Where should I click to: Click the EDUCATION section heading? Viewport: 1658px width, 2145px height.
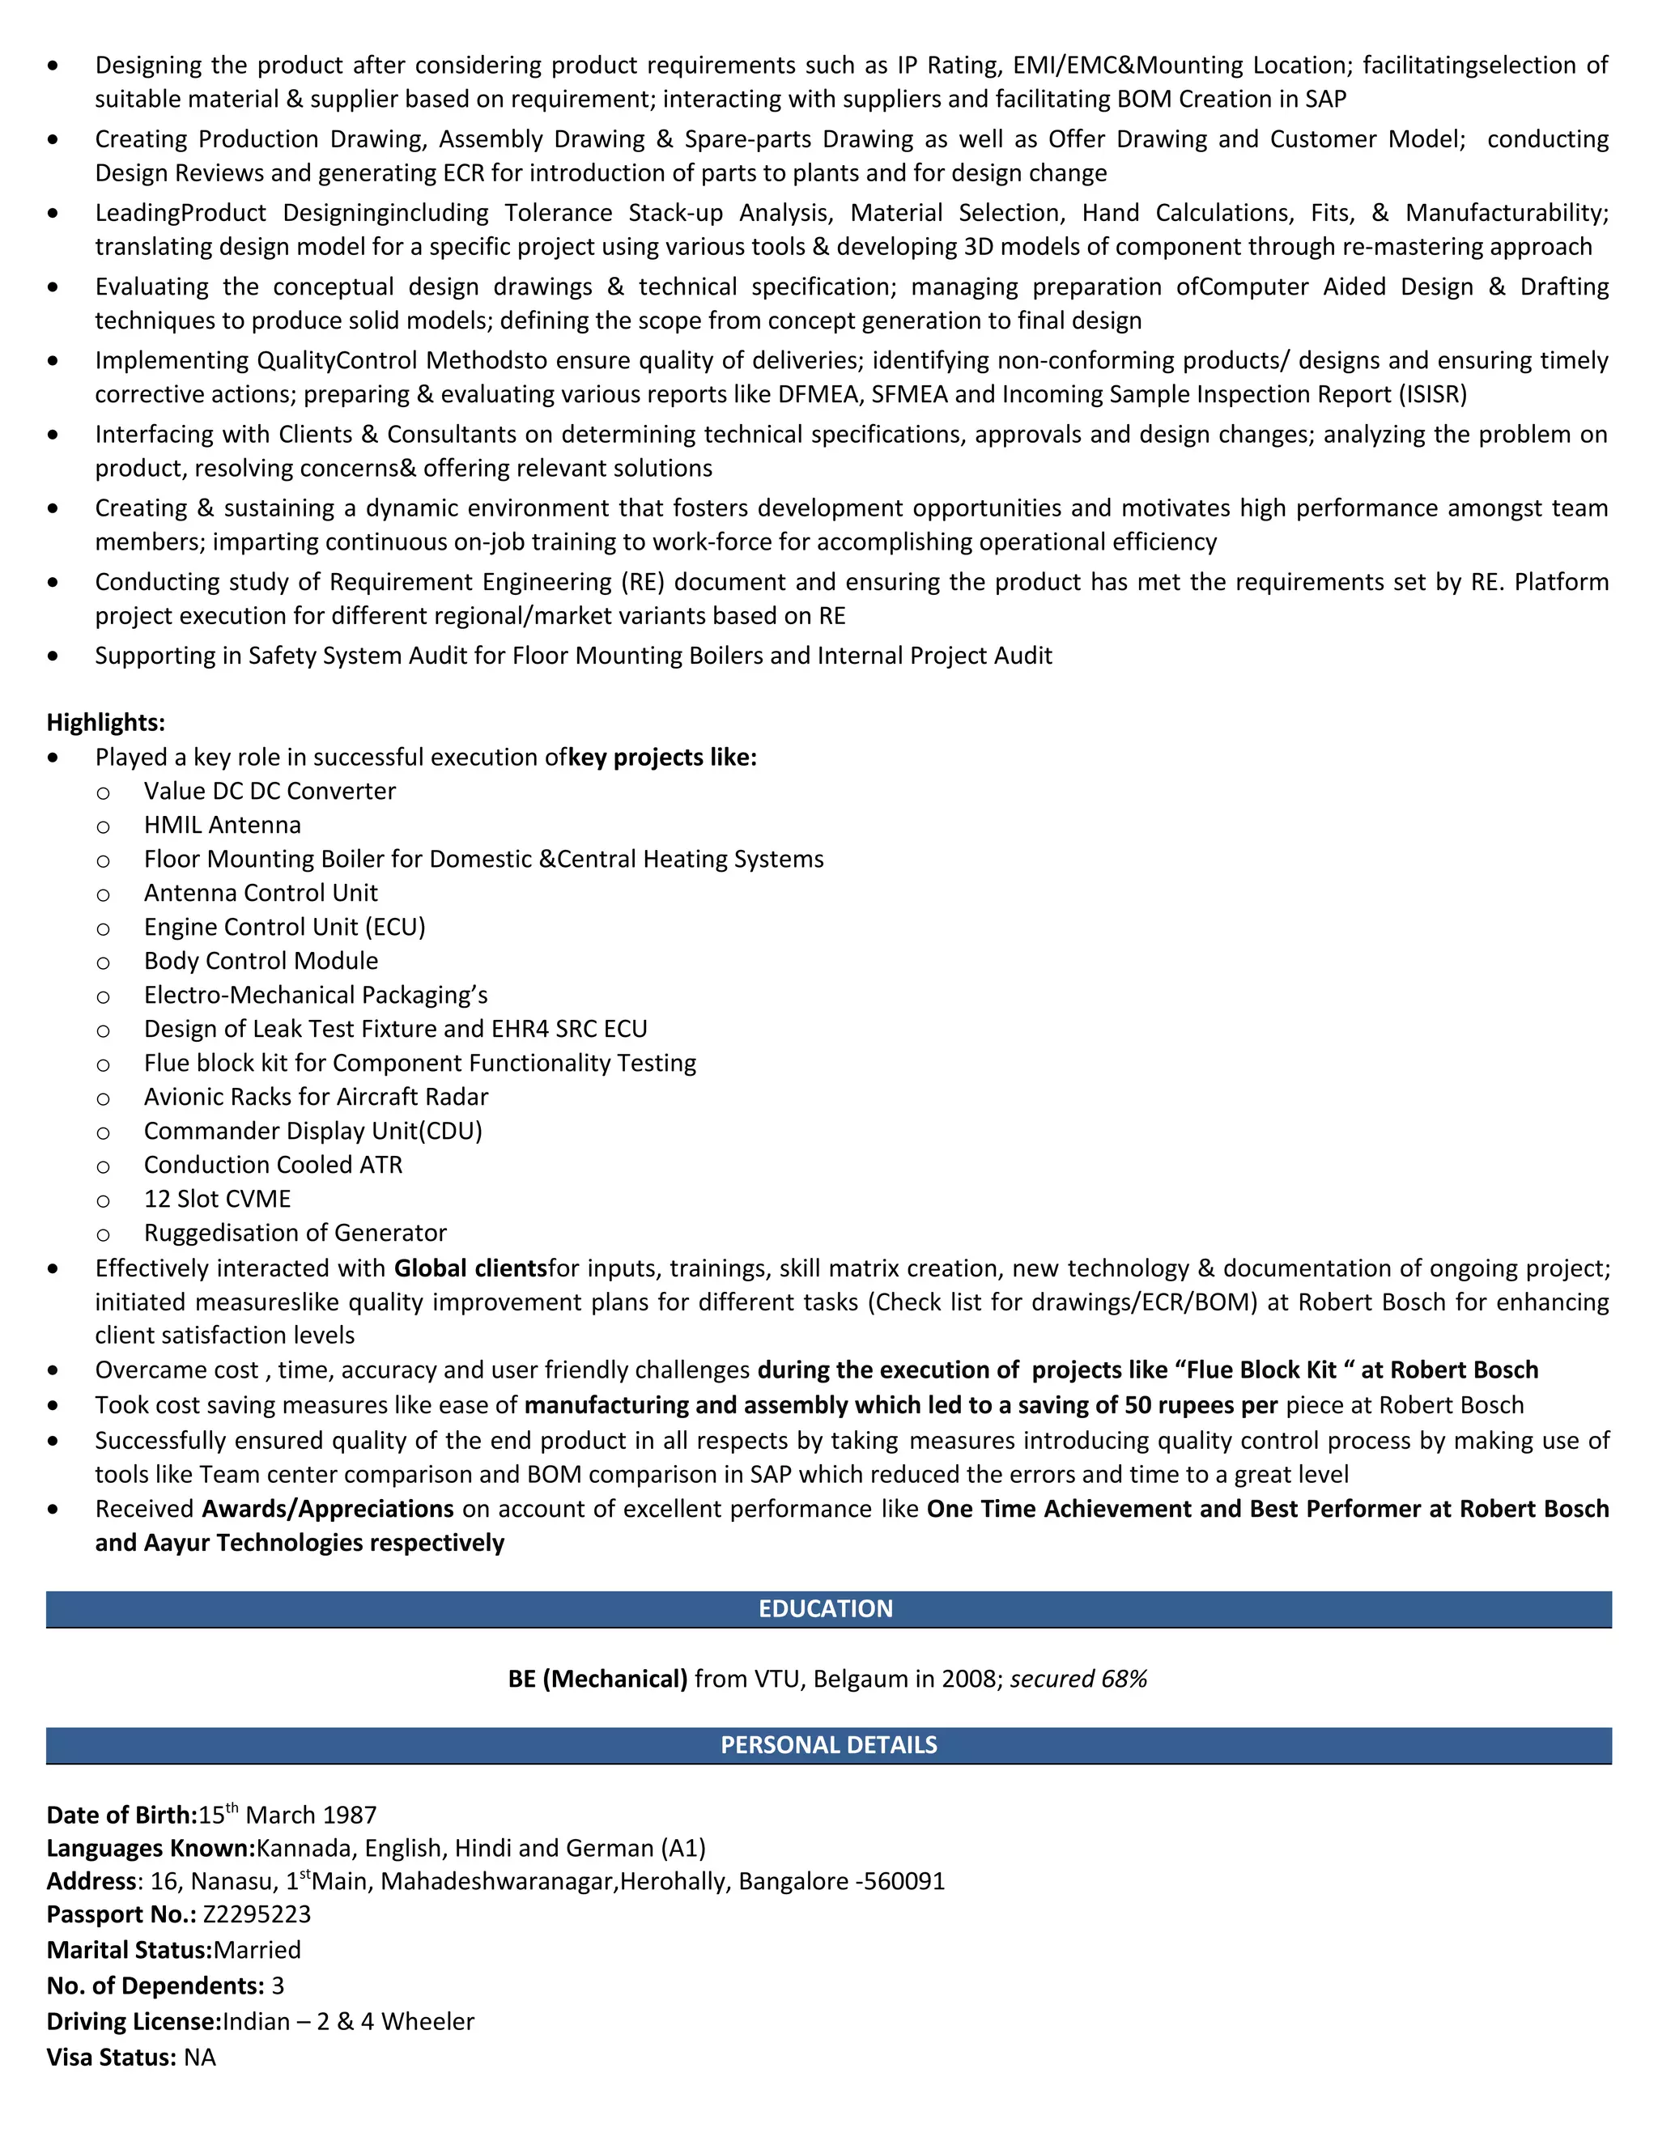[825, 1609]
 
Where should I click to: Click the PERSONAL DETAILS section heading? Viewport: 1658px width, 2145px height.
[828, 1745]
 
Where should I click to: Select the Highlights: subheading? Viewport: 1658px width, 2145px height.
[106, 722]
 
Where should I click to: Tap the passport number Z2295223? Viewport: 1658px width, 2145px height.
[257, 1914]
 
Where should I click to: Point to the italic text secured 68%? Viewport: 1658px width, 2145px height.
[1078, 1679]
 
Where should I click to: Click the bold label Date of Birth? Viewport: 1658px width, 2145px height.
[121, 1815]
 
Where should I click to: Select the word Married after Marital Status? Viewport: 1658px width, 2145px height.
[257, 1950]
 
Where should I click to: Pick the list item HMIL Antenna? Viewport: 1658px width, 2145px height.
[222, 825]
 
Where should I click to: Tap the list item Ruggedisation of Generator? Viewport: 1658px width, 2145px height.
[295, 1233]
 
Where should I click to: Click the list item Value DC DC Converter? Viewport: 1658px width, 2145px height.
[269, 791]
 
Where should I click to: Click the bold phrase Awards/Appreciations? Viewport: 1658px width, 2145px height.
[328, 1509]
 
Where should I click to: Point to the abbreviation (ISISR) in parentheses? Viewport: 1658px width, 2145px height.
[1432, 394]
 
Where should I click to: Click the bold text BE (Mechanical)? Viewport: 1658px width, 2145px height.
[597, 1679]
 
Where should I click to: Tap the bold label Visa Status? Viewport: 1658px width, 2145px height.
[111, 2058]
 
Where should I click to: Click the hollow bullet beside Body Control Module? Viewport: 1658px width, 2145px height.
[103, 962]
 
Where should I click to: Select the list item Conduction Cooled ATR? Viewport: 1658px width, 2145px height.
[273, 1165]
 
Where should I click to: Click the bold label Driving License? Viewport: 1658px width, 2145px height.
[134, 2021]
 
